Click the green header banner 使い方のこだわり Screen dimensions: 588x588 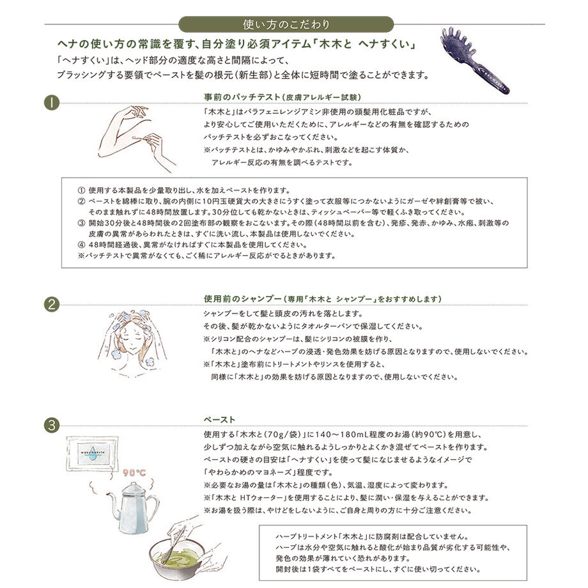pyautogui.click(x=287, y=25)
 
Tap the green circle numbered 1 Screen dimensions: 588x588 pyautogui.click(x=52, y=102)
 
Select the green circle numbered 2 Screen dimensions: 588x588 pyautogui.click(x=52, y=304)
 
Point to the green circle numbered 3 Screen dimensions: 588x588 pyautogui.click(x=52, y=424)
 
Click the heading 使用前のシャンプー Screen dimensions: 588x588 pyautogui.click(x=322, y=298)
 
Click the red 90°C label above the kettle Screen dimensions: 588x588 pyautogui.click(x=134, y=473)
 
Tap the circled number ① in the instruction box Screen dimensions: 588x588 pyautogui.click(x=81, y=190)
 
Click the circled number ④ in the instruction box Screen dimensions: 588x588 pyautogui.click(x=81, y=245)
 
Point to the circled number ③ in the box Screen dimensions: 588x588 pyautogui.click(x=81, y=223)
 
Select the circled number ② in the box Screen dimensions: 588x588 pyautogui.click(x=81, y=201)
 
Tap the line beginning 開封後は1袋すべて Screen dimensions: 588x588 pyautogui.click(x=377, y=569)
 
